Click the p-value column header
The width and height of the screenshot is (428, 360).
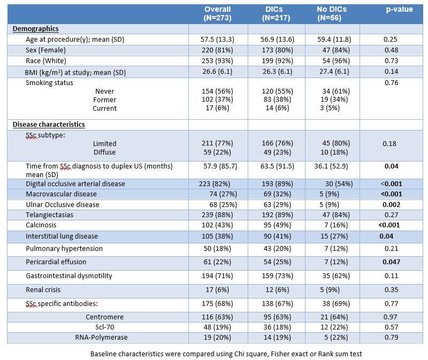click(399, 9)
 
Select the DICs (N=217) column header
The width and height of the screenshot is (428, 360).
click(276, 13)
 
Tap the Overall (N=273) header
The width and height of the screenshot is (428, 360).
click(218, 13)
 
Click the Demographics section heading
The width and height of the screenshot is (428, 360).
click(35, 29)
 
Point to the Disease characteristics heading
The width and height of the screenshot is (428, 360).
click(49, 125)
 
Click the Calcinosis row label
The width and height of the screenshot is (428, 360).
click(41, 225)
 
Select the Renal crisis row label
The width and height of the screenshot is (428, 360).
click(43, 289)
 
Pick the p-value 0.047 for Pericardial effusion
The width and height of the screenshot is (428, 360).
click(392, 262)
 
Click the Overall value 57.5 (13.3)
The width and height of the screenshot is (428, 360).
click(217, 39)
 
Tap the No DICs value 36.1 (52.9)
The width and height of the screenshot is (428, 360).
click(331, 166)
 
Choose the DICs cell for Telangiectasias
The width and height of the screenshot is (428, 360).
click(277, 215)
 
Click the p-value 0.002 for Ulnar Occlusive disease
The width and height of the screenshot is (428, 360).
click(392, 204)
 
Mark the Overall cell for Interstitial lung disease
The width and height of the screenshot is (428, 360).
click(217, 236)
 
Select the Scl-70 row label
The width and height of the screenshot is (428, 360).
click(104, 327)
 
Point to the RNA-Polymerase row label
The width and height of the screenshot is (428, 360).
click(101, 338)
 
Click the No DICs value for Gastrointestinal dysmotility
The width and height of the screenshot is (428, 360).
click(336, 275)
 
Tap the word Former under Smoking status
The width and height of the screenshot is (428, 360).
click(104, 100)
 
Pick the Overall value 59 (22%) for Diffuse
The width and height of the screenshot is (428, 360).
click(217, 152)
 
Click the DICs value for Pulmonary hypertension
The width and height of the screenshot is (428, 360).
click(277, 248)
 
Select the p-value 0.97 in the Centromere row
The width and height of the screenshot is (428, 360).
click(392, 317)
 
